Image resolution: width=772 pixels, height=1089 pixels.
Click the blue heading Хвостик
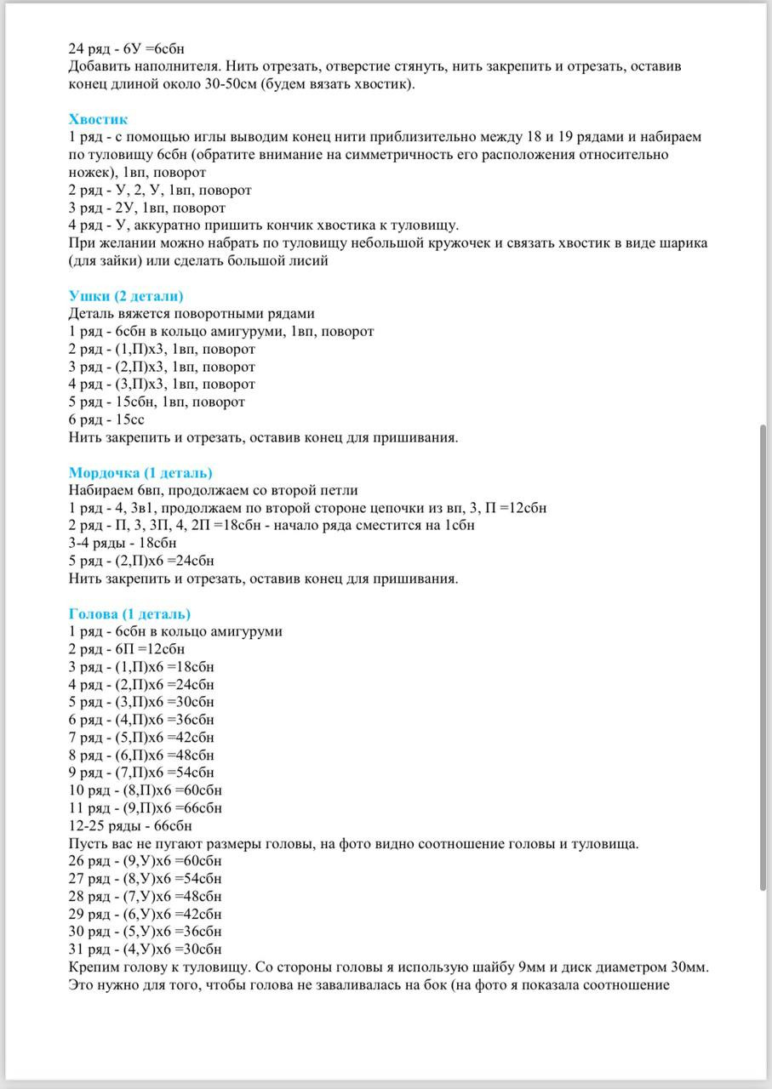[x=98, y=119]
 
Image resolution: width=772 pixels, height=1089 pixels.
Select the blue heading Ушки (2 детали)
[x=125, y=296]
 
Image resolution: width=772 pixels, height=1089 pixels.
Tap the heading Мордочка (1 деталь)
[x=140, y=473]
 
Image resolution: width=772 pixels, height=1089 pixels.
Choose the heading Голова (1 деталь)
[x=129, y=614]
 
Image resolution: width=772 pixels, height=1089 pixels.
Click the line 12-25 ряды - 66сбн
[x=129, y=826]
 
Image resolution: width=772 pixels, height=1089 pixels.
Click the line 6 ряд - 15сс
[x=106, y=420]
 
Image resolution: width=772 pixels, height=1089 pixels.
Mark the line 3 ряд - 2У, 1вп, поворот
[x=146, y=208]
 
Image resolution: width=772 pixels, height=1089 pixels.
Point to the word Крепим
[x=91, y=967]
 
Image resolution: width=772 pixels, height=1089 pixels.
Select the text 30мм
[x=691, y=967]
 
